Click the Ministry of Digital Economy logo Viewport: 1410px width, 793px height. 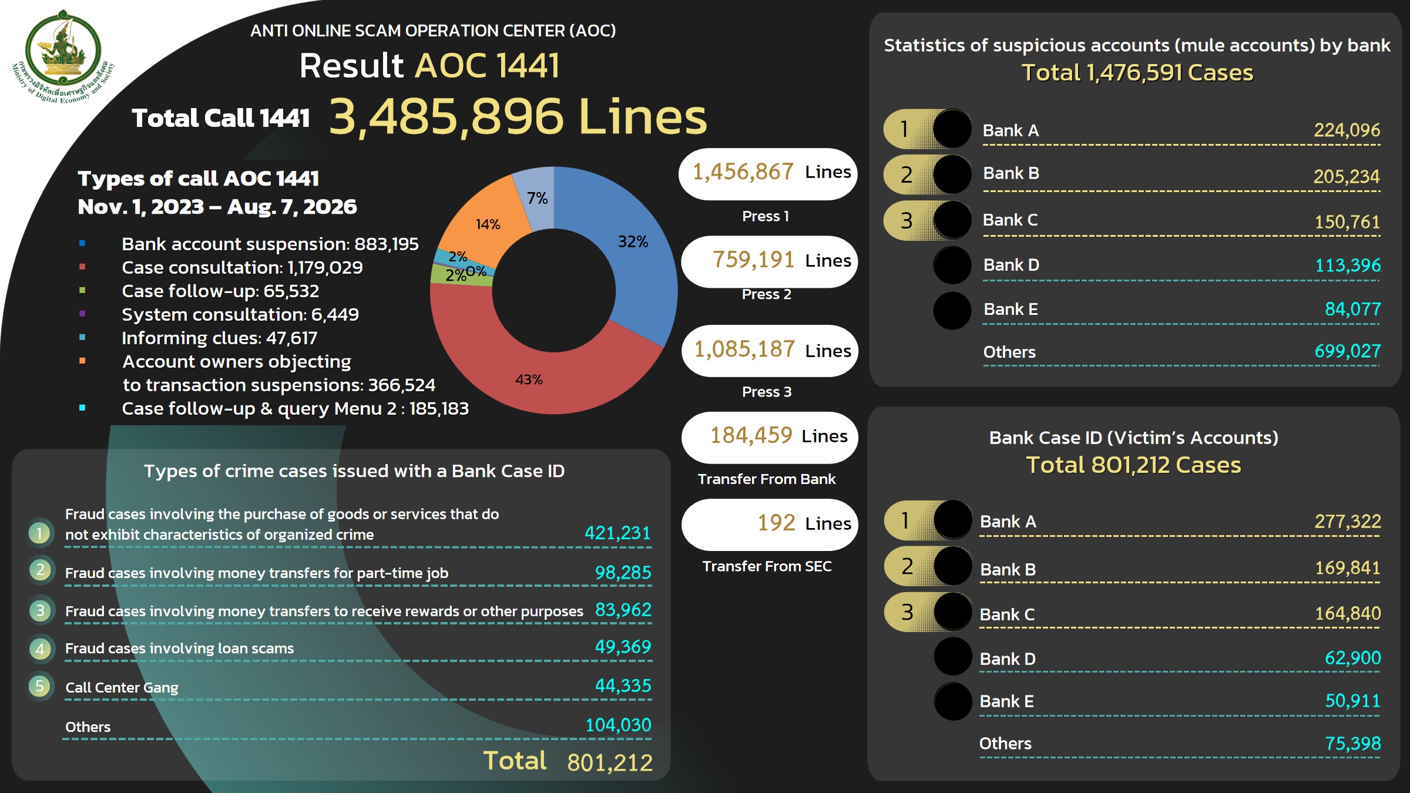tap(63, 56)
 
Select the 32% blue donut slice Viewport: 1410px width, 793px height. tap(634, 253)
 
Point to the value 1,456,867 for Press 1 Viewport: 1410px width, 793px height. tap(743, 172)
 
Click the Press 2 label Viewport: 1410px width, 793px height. tap(767, 294)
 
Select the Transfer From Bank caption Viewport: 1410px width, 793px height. tap(767, 479)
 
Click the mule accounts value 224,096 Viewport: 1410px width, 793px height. tap(1347, 130)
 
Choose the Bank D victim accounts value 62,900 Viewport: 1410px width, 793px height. tap(1352, 658)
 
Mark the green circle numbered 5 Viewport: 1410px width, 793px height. tap(40, 686)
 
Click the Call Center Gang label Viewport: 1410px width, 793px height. tap(122, 687)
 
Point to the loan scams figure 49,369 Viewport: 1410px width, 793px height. tap(623, 647)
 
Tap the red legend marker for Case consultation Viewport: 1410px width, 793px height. tap(82, 267)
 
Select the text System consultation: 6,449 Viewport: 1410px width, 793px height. tap(240, 314)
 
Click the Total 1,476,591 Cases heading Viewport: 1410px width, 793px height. tap(1137, 73)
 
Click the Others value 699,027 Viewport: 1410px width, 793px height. tap(1347, 351)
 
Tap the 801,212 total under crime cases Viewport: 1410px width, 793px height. tap(610, 762)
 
